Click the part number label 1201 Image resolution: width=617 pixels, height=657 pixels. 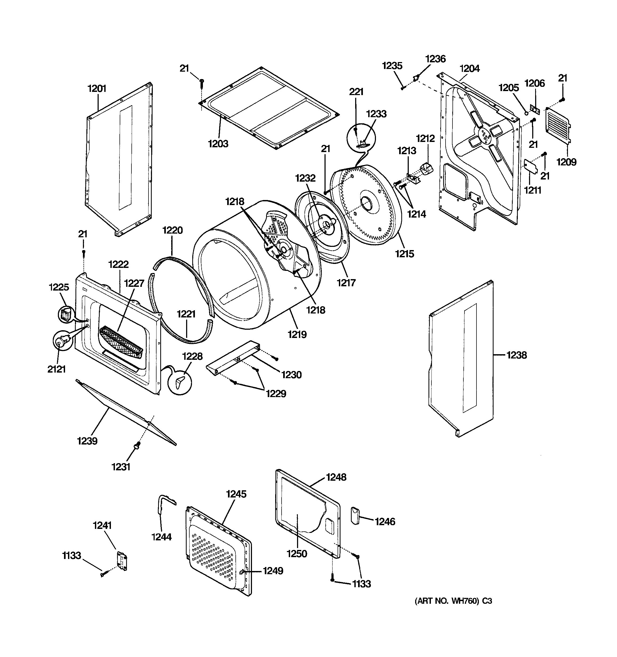click(x=97, y=89)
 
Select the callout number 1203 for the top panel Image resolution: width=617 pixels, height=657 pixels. click(x=218, y=144)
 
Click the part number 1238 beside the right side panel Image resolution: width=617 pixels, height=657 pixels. click(x=516, y=355)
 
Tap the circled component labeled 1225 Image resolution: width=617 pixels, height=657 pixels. click(x=66, y=314)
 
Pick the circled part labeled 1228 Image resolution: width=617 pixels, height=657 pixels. click(x=180, y=382)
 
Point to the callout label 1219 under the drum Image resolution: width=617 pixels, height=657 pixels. click(x=297, y=334)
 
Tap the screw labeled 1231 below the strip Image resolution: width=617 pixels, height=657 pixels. click(x=137, y=446)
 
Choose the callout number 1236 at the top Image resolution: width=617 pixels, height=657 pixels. click(x=435, y=59)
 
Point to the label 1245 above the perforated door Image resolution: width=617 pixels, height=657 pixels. click(x=236, y=494)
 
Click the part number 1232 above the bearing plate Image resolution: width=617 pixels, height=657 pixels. click(x=305, y=178)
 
